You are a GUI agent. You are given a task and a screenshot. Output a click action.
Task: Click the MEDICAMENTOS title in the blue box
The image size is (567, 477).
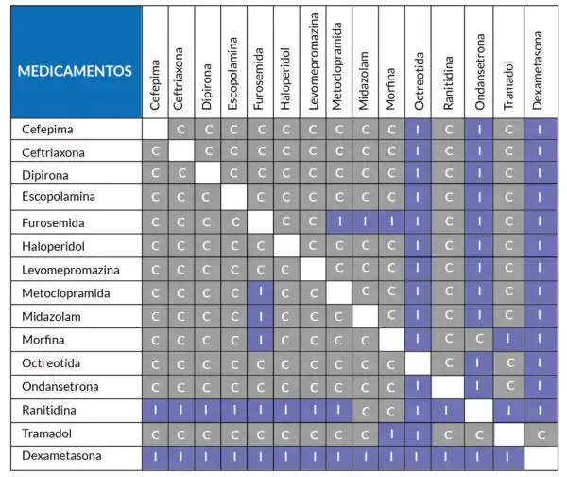(x=75, y=71)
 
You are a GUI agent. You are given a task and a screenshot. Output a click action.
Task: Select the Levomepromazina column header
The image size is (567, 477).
(x=313, y=62)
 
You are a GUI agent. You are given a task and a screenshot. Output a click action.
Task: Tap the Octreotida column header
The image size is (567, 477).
(x=419, y=81)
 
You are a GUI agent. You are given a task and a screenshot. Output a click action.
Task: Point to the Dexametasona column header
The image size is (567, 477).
(x=538, y=71)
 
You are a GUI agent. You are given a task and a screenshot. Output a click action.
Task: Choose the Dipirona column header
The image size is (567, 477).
(x=206, y=87)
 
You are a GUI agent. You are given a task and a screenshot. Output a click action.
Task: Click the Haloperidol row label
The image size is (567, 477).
(x=54, y=246)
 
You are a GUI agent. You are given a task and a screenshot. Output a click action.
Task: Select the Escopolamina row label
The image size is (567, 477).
(x=59, y=196)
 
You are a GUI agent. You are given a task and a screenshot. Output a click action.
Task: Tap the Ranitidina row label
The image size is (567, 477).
(x=49, y=410)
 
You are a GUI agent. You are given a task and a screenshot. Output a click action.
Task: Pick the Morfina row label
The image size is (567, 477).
(x=43, y=340)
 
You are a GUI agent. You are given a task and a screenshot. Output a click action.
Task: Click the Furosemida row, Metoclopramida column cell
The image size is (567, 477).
(x=339, y=221)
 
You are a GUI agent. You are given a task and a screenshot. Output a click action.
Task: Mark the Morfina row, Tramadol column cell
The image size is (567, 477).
(x=508, y=340)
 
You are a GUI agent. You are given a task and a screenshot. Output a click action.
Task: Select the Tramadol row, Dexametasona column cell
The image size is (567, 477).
(x=541, y=434)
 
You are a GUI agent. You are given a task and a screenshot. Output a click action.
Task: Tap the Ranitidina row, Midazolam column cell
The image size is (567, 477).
(x=365, y=411)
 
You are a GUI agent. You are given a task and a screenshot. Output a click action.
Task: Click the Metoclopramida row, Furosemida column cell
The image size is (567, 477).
(x=261, y=292)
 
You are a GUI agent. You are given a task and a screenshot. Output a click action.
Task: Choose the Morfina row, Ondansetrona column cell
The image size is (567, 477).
(x=479, y=340)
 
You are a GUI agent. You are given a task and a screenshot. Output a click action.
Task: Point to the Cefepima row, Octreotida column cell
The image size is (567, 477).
(x=418, y=130)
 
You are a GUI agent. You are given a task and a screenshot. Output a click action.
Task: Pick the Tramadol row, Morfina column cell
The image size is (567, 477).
(x=391, y=434)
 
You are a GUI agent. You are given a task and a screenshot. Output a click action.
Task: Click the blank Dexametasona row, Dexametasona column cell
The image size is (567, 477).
(x=541, y=458)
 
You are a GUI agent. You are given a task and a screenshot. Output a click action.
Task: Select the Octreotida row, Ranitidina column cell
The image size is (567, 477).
(x=448, y=362)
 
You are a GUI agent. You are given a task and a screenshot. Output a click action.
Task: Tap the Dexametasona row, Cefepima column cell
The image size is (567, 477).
(x=156, y=458)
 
